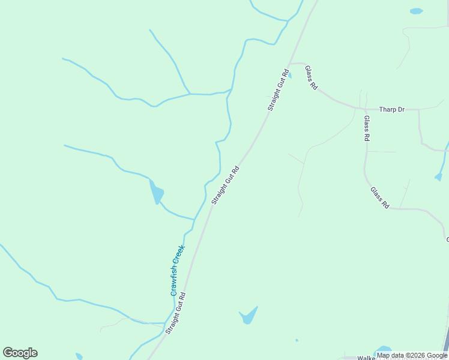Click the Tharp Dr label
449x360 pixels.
tap(392, 110)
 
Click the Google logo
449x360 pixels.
tap(20, 353)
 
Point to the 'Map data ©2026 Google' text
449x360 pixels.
tap(412, 355)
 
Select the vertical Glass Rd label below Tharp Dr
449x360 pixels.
tap(367, 128)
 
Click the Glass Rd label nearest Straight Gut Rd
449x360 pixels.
tap(311, 77)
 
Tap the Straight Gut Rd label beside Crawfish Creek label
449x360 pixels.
tap(176, 313)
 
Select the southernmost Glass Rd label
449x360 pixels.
tap(379, 197)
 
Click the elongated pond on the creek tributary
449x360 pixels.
tap(157, 193)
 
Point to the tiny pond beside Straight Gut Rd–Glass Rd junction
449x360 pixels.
tap(290, 76)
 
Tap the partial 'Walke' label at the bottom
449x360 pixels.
tap(366, 358)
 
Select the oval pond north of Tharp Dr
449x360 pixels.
tap(416, 11)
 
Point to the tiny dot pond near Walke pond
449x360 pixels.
tap(297, 340)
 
